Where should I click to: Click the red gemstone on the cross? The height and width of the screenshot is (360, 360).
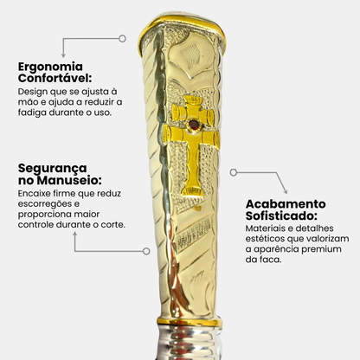coord(194,125)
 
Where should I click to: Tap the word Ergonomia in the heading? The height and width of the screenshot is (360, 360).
coord(50,67)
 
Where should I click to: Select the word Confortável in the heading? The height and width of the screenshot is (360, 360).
coord(54,78)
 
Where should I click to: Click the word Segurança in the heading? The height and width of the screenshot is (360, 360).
coord(53,169)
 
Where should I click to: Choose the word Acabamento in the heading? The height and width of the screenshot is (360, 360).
coord(286,204)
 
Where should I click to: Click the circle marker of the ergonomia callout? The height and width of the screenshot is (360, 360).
coord(122,39)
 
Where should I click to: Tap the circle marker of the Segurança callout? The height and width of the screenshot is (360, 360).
coord(146,251)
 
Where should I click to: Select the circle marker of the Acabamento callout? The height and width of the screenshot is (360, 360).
coord(234,172)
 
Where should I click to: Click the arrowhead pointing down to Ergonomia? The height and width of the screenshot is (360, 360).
coord(63,55)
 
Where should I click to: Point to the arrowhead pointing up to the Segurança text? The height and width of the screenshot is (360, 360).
coord(75,235)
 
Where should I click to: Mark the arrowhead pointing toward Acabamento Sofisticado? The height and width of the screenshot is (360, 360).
coord(286,191)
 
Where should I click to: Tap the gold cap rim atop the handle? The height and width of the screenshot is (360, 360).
coord(183,22)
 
